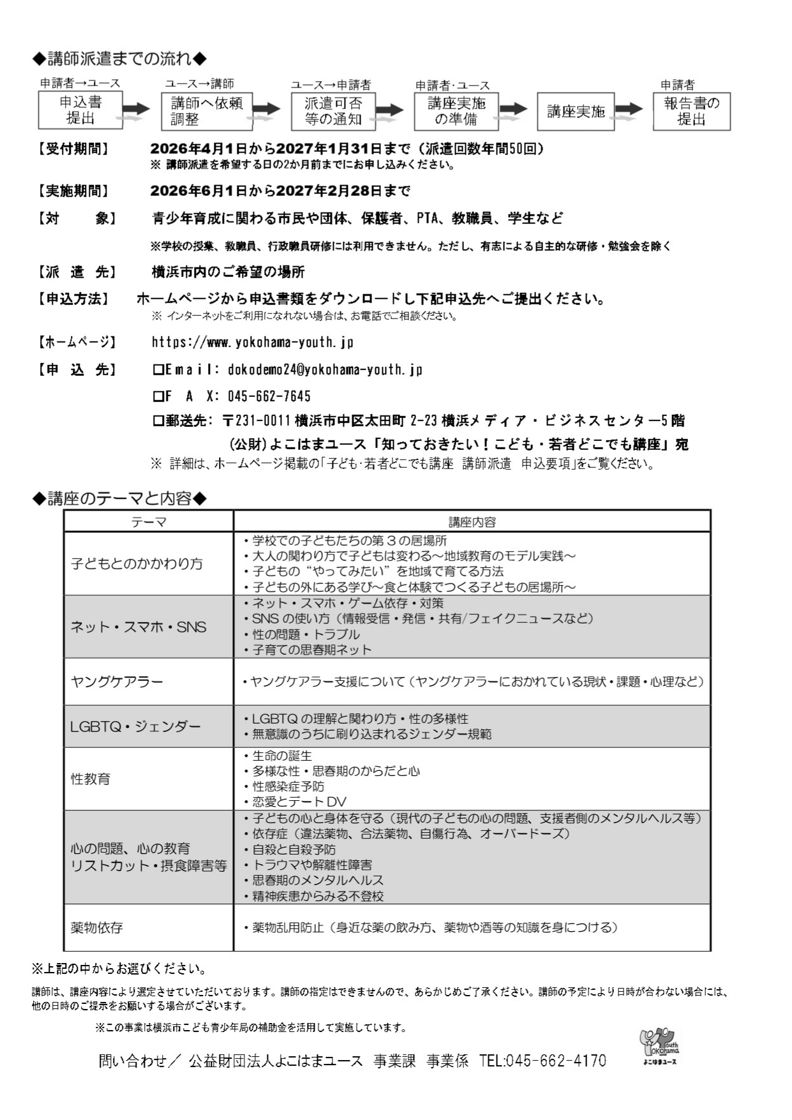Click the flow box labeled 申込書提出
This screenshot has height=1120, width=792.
tap(80, 111)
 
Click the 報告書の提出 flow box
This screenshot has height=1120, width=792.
tap(691, 112)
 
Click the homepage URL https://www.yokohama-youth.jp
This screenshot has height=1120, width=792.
tap(252, 343)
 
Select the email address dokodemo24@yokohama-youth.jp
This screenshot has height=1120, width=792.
tap(325, 370)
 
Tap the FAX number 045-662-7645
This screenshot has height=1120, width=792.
tap(269, 397)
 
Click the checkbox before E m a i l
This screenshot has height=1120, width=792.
tap(158, 370)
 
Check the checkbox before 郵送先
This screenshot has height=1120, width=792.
tap(158, 421)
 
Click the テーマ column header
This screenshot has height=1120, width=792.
tap(148, 522)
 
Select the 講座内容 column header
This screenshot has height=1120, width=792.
tap(472, 522)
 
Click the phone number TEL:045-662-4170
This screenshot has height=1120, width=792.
tap(542, 1061)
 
